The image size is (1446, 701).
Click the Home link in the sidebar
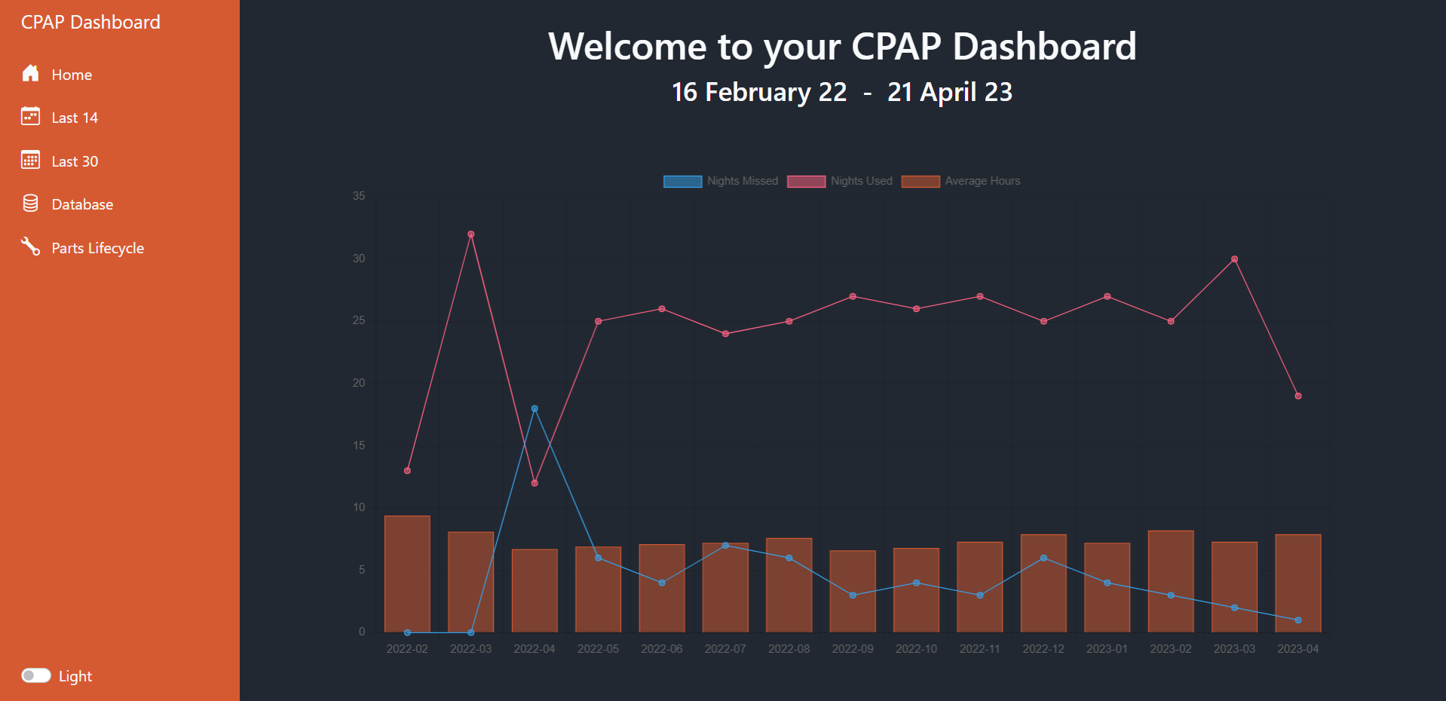pos(71,75)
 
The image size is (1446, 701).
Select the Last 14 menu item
pos(74,118)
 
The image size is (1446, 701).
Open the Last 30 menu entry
pos(74,161)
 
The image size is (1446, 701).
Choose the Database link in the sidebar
pos(81,204)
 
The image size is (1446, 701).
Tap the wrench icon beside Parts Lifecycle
pos(30,246)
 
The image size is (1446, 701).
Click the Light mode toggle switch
pos(35,675)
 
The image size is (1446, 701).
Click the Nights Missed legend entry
pos(721,181)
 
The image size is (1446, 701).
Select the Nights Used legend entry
pos(840,181)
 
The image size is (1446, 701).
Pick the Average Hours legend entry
pos(960,181)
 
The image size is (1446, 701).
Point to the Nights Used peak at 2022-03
pos(470,234)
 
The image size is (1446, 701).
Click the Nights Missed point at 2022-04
pos(535,409)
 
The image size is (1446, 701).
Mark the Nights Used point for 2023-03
pos(1234,259)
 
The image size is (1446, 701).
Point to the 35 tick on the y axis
pos(359,196)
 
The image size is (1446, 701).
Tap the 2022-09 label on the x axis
pos(853,649)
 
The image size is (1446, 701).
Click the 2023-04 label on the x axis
pos(1297,649)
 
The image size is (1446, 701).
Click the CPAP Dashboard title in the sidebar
pos(90,22)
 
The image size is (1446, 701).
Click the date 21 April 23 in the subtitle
pos(949,92)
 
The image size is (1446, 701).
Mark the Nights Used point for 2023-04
pos(1298,396)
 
